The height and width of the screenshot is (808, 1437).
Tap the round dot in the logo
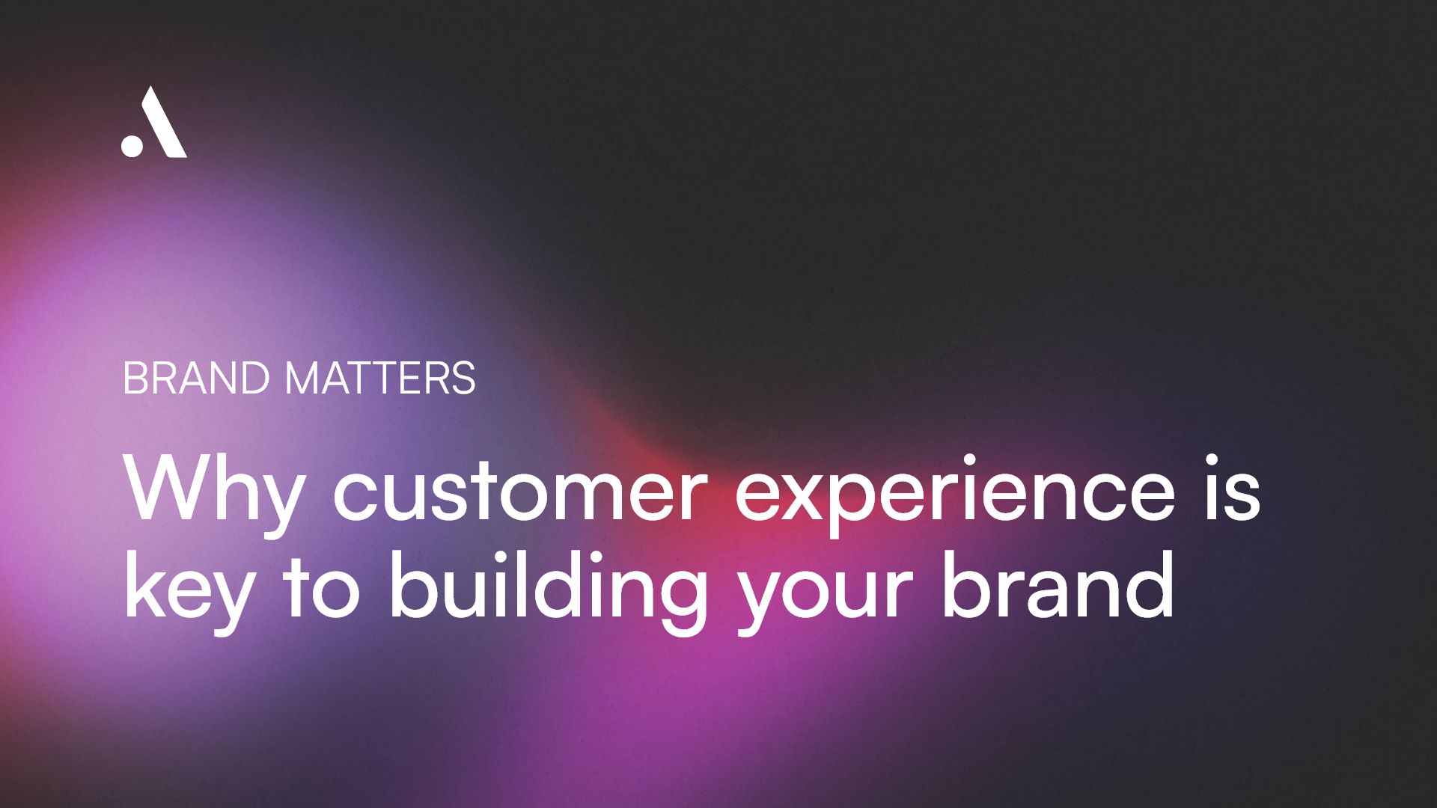pos(132,145)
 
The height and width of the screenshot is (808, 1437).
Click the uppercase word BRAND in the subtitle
pos(195,378)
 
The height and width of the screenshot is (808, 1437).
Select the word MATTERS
pos(380,378)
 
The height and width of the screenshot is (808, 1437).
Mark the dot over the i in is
pos(1212,460)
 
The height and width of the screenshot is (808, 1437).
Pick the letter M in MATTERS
pos(306,378)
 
